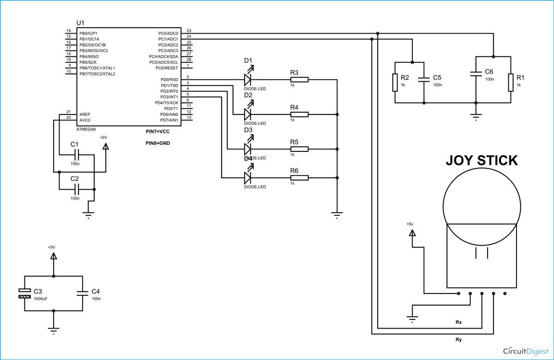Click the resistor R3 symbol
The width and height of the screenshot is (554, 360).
pos(299,80)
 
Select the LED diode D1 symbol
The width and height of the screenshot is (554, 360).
pos(248,80)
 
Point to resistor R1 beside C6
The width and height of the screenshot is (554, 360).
pos(511,82)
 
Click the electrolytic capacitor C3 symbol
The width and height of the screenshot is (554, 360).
pos(24,294)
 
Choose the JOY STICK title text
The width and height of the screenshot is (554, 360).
pos(482,161)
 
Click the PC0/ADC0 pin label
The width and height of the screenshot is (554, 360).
pos(168,33)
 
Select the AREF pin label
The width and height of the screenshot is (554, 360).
pos(85,114)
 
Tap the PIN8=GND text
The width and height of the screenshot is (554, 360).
pos(158,143)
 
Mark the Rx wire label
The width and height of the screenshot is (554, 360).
pos(458,322)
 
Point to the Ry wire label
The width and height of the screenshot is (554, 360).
pos(458,340)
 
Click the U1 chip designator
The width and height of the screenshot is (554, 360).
pos(80,23)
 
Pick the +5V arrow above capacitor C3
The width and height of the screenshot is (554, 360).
pos(54,256)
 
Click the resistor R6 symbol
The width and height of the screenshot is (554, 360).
pos(299,178)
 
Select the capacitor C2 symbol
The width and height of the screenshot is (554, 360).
pos(77,189)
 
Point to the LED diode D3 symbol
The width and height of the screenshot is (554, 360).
pos(248,149)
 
